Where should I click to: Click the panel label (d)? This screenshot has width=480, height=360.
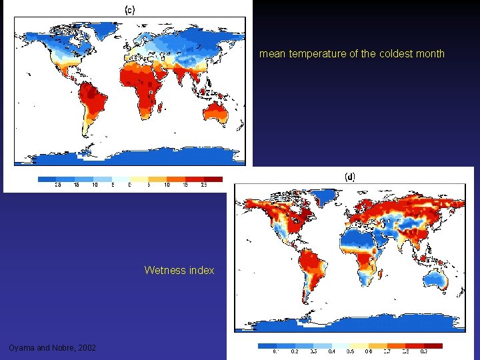tap(349, 177)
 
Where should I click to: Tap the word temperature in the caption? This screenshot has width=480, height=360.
tap(317, 54)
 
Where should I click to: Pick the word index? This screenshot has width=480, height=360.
tap(201, 270)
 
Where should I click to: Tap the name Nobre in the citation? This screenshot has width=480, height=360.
tap(63, 348)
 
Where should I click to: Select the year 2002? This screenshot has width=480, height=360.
tap(87, 348)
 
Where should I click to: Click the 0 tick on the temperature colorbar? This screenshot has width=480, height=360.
tap(129, 185)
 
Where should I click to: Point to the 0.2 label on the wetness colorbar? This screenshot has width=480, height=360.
tap(294, 351)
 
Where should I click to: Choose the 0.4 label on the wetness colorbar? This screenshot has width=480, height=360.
tap(331, 351)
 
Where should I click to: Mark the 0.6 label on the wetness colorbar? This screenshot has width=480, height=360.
tap(369, 351)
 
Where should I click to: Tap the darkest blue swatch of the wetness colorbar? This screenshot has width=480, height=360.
tap(267, 346)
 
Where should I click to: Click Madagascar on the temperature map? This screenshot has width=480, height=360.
tap(161, 105)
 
